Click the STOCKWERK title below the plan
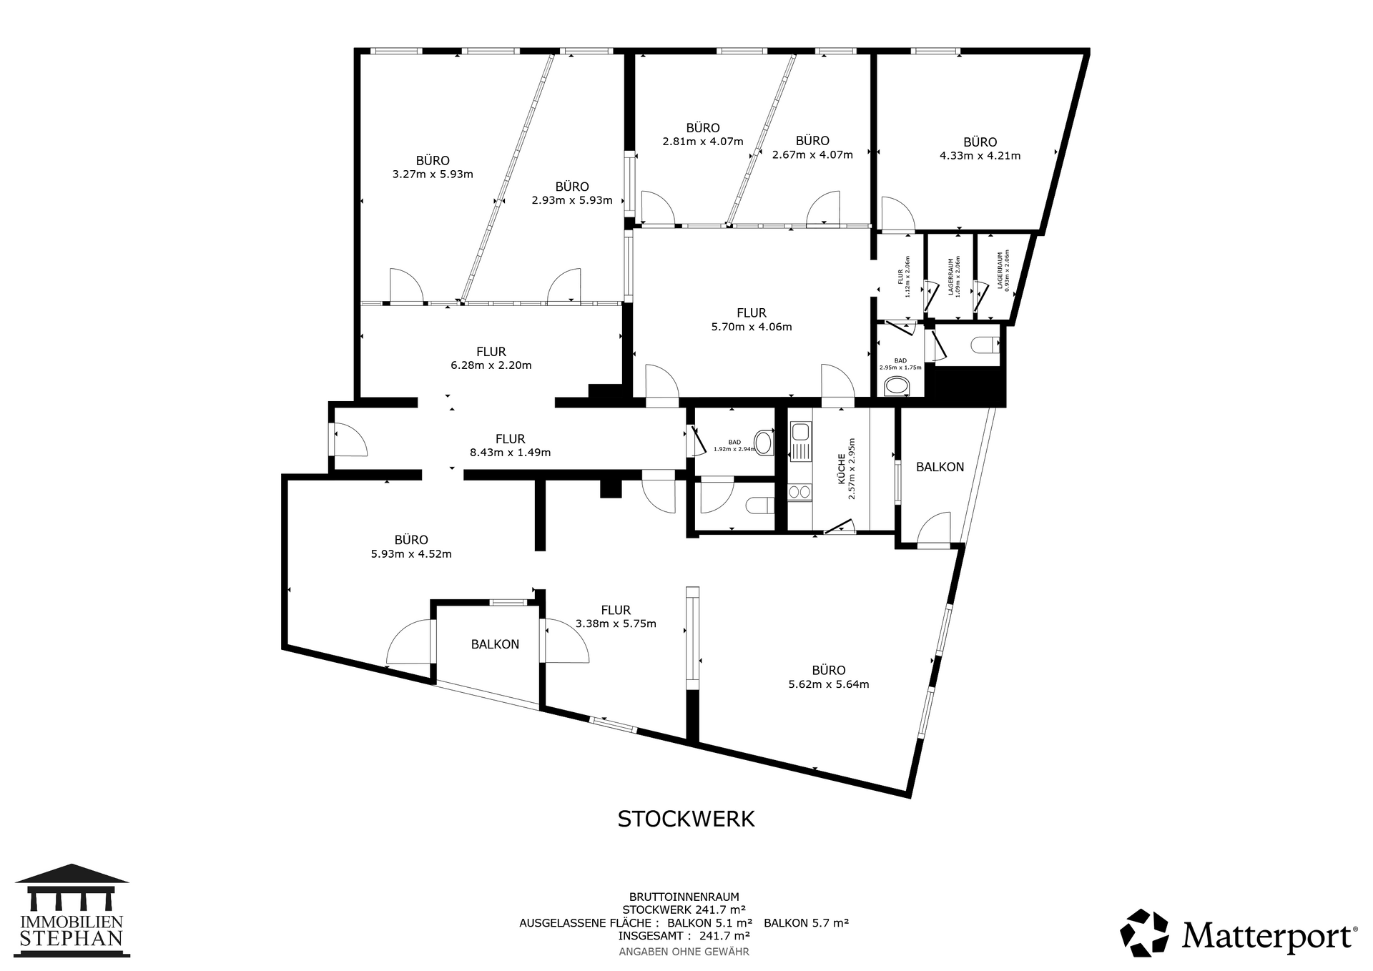pos(686,819)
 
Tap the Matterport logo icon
pos(1144,933)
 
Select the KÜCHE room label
pos(842,471)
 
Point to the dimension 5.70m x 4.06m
pos(752,327)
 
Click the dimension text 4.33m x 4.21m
pos(980,156)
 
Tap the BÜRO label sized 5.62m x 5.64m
pos(829,671)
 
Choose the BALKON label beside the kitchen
pos(940,467)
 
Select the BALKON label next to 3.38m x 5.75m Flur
pos(495,644)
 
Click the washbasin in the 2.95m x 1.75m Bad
pos(897,388)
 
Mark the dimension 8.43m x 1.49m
pos(510,453)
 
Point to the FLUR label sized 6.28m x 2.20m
pos(491,352)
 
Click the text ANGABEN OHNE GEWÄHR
pos(684,952)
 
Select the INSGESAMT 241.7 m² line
pos(684,935)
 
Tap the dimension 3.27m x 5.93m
pos(433,174)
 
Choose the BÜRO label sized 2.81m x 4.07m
pos(703,128)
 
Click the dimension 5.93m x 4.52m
pos(411,554)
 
